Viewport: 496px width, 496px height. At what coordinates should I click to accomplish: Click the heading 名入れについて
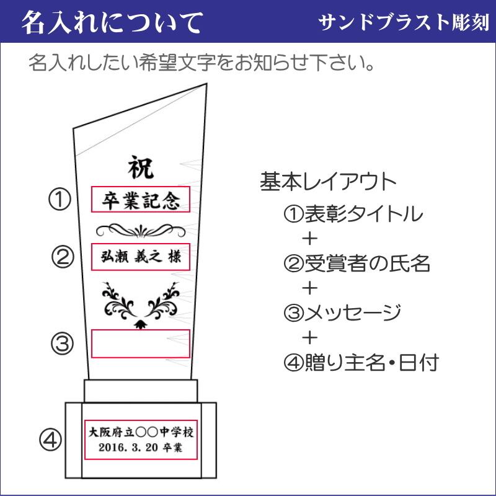pos(112,23)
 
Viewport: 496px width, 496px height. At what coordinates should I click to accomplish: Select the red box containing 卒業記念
pos(140,200)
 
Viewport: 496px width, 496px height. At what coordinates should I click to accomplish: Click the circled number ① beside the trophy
pos(60,200)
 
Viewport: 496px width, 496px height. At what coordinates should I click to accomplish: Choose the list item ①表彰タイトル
pos(353,215)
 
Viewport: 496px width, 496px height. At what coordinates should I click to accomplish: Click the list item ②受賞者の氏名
pos(356,264)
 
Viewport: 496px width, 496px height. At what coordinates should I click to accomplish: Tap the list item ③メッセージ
pos(342,313)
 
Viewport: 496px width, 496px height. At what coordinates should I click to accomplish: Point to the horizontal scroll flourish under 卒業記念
pos(140,229)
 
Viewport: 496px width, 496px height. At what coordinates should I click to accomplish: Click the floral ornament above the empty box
pos(140,303)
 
